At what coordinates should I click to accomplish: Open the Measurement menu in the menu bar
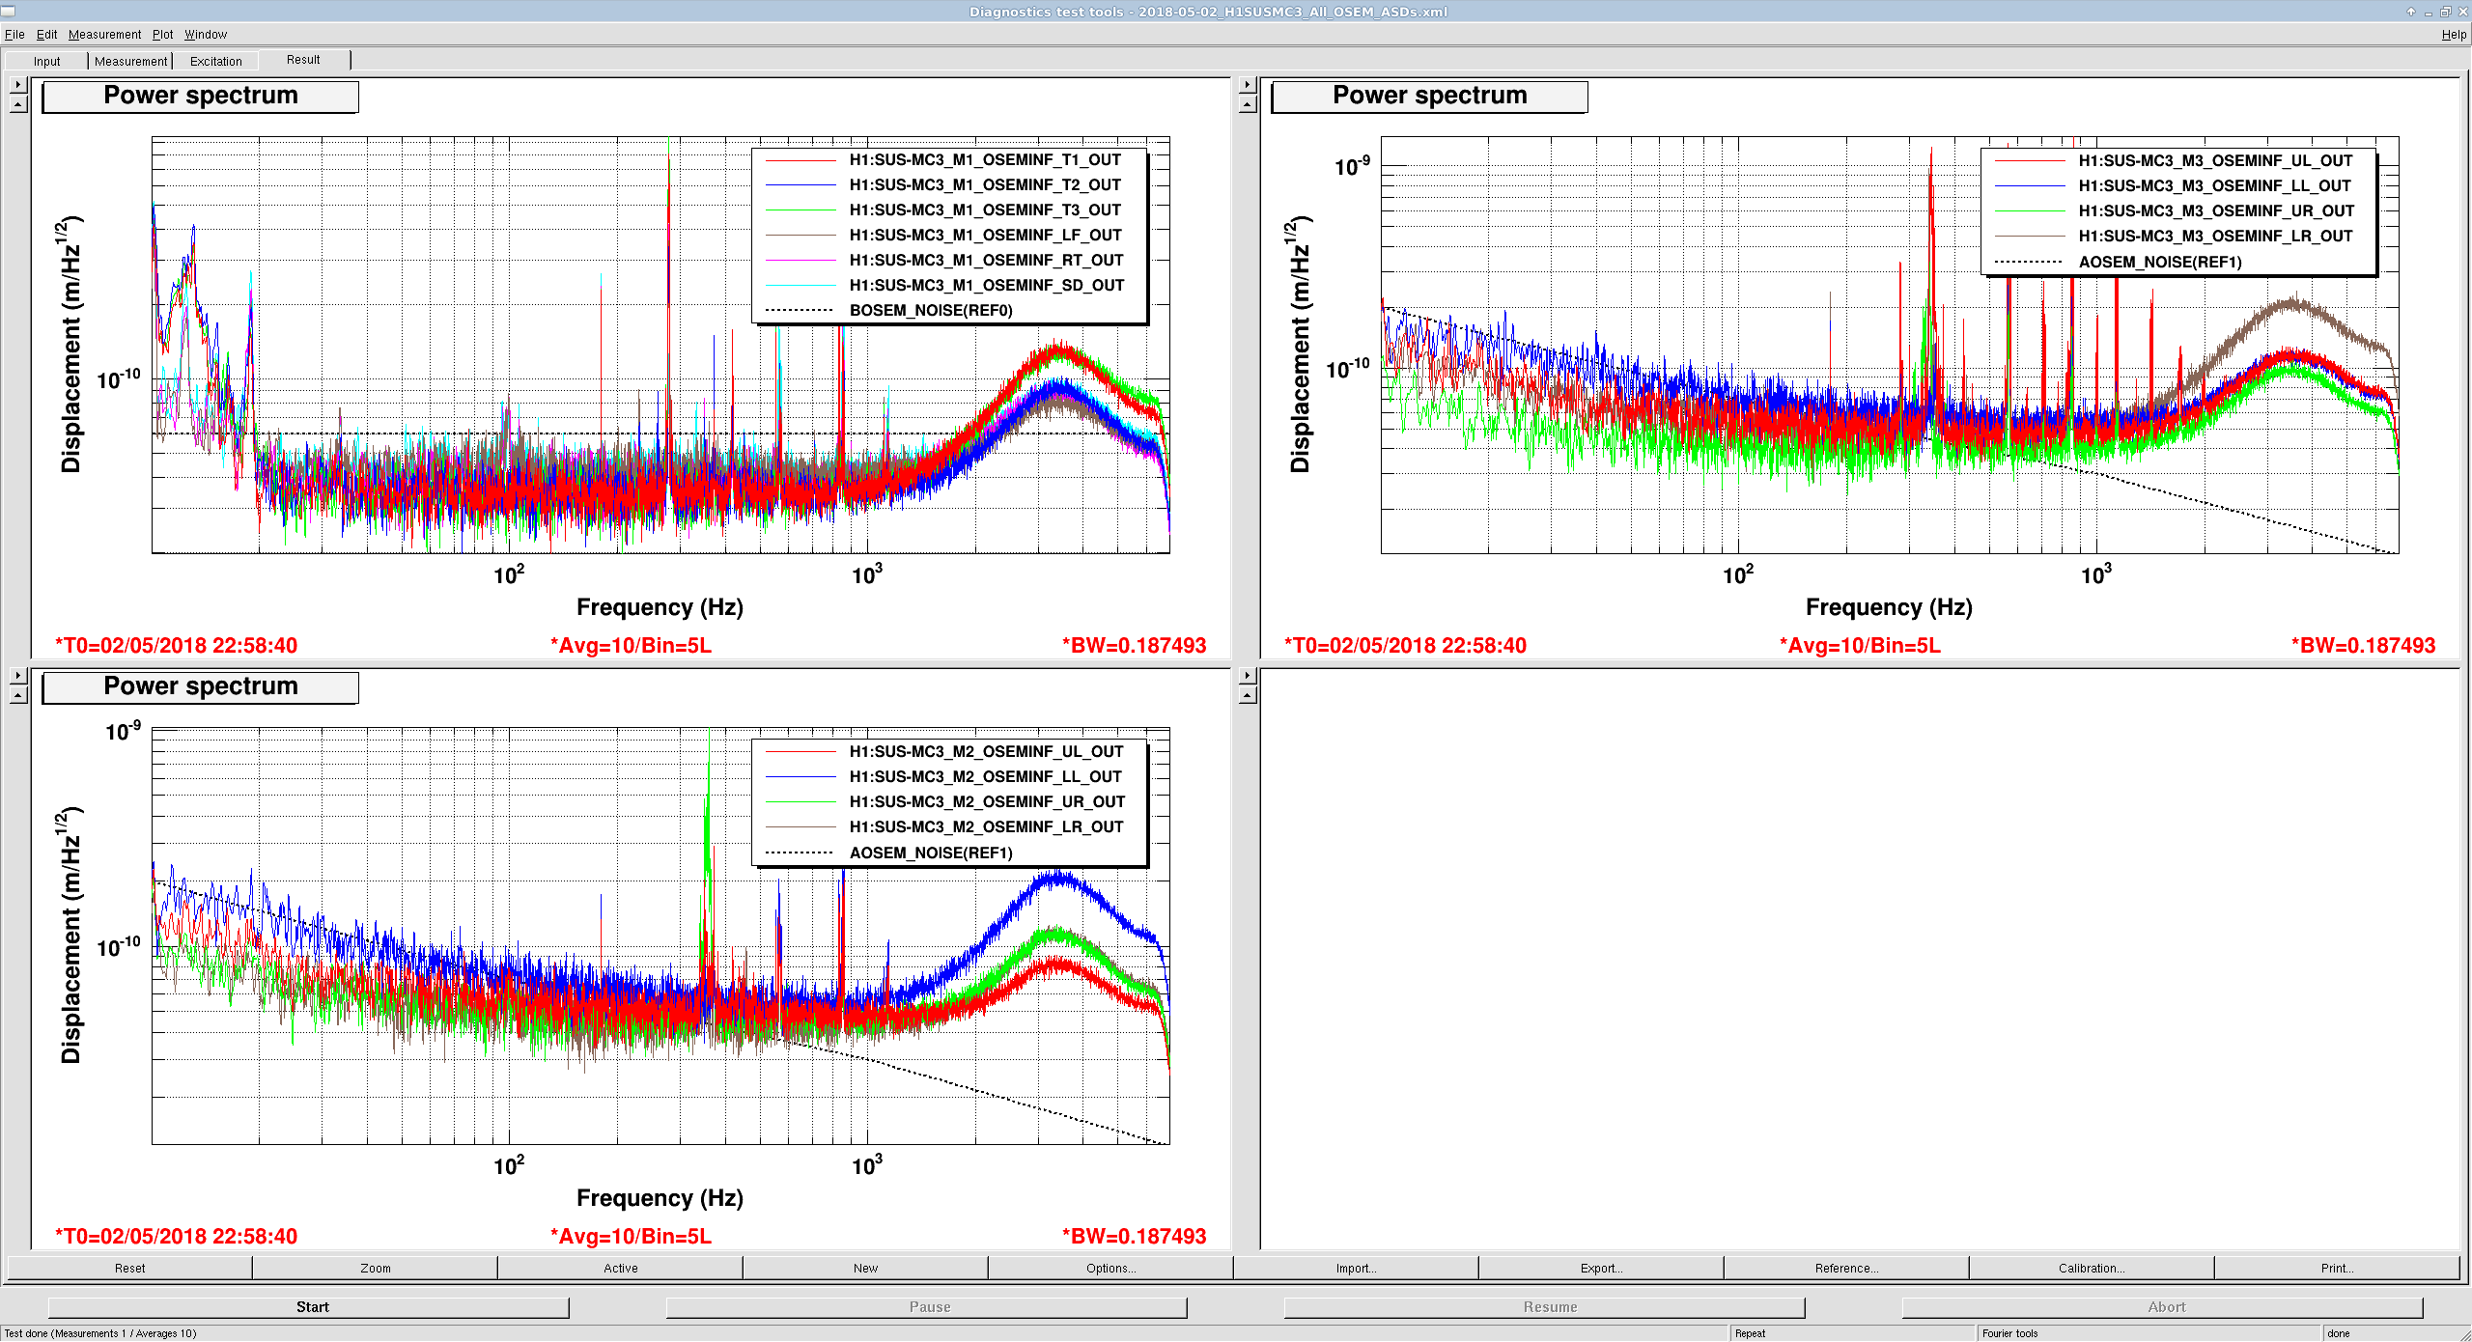104,35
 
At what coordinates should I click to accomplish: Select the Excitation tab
215,61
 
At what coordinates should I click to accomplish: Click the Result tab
303,60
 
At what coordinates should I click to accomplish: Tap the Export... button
1601,1269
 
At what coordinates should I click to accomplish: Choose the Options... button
1110,1269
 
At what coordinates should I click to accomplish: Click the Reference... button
1846,1269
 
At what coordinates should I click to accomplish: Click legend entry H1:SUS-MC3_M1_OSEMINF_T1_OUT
985,160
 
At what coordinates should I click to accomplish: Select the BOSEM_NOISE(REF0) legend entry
931,311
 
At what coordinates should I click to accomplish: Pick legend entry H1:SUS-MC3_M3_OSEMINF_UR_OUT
2216,211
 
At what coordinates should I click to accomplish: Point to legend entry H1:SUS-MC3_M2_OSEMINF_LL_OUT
985,777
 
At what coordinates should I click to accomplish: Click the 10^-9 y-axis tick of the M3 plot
1352,166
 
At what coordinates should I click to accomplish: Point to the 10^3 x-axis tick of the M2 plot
866,1165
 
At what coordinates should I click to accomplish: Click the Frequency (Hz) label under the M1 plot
660,607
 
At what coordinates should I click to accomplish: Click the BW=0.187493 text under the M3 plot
2364,646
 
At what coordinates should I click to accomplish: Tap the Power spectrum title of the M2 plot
201,686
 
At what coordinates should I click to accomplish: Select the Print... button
2337,1269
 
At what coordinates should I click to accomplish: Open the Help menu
2454,35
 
